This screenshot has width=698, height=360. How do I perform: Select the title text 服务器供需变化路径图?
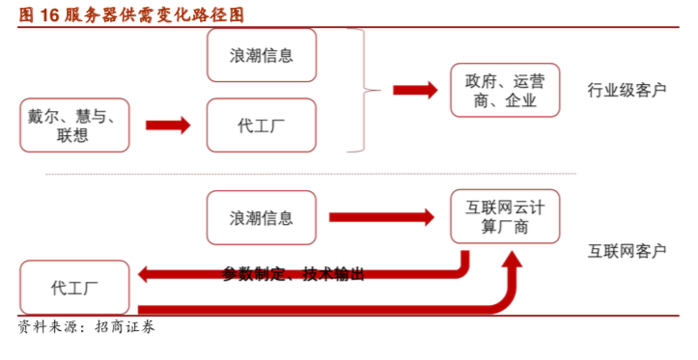click(x=154, y=14)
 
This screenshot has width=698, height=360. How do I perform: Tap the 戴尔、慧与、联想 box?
click(x=73, y=125)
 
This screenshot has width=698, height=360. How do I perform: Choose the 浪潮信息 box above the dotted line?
click(x=262, y=55)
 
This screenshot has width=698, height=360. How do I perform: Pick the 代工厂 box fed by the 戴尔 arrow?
click(x=262, y=125)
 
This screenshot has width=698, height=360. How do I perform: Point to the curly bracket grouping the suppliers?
click(x=364, y=90)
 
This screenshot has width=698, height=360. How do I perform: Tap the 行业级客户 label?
click(x=627, y=91)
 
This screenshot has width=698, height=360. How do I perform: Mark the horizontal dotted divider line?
click(x=309, y=175)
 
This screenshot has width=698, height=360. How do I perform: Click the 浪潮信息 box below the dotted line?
click(x=262, y=216)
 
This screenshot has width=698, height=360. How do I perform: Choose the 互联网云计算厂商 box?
click(x=504, y=216)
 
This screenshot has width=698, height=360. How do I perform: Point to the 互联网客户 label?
click(x=627, y=251)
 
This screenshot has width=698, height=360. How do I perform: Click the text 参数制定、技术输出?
click(x=293, y=274)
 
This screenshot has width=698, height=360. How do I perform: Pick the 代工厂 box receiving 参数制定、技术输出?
click(x=73, y=287)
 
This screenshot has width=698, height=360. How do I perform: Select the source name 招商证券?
click(x=125, y=328)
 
